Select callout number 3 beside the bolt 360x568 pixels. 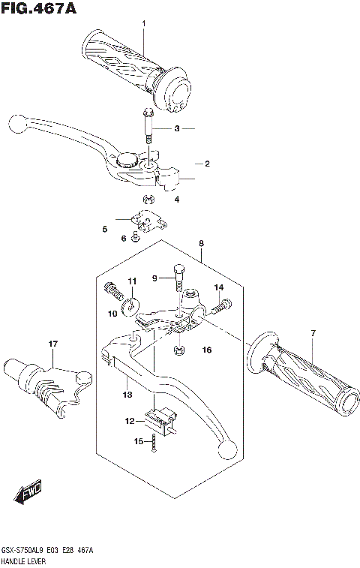pyautogui.click(x=177, y=129)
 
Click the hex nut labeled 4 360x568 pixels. pyautogui.click(x=148, y=199)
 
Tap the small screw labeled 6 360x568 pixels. pyautogui.click(x=135, y=238)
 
